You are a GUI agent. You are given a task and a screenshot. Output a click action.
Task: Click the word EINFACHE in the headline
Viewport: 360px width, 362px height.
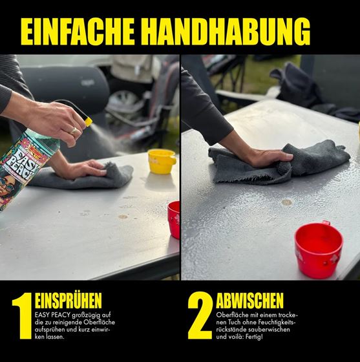[78, 32]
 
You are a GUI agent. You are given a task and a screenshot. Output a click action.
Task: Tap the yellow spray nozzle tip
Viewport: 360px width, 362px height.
[89, 122]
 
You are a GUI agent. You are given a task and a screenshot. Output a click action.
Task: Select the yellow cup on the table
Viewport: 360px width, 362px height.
[162, 162]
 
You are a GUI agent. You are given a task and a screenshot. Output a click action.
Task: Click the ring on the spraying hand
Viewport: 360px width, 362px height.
[74, 131]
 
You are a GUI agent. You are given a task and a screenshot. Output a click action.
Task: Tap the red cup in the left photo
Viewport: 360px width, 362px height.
[174, 220]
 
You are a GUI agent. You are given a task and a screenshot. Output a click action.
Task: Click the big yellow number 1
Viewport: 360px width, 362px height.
[23, 316]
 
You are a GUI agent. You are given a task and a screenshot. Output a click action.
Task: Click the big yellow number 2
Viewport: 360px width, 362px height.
[200, 315]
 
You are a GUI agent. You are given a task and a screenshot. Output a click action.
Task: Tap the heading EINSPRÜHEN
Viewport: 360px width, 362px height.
[69, 301]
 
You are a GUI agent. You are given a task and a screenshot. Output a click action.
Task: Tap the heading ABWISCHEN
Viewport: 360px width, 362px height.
[249, 301]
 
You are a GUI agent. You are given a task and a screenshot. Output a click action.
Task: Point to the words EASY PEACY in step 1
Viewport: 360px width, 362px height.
[53, 315]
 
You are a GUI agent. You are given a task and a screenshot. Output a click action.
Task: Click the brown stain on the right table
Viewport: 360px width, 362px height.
[286, 202]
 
